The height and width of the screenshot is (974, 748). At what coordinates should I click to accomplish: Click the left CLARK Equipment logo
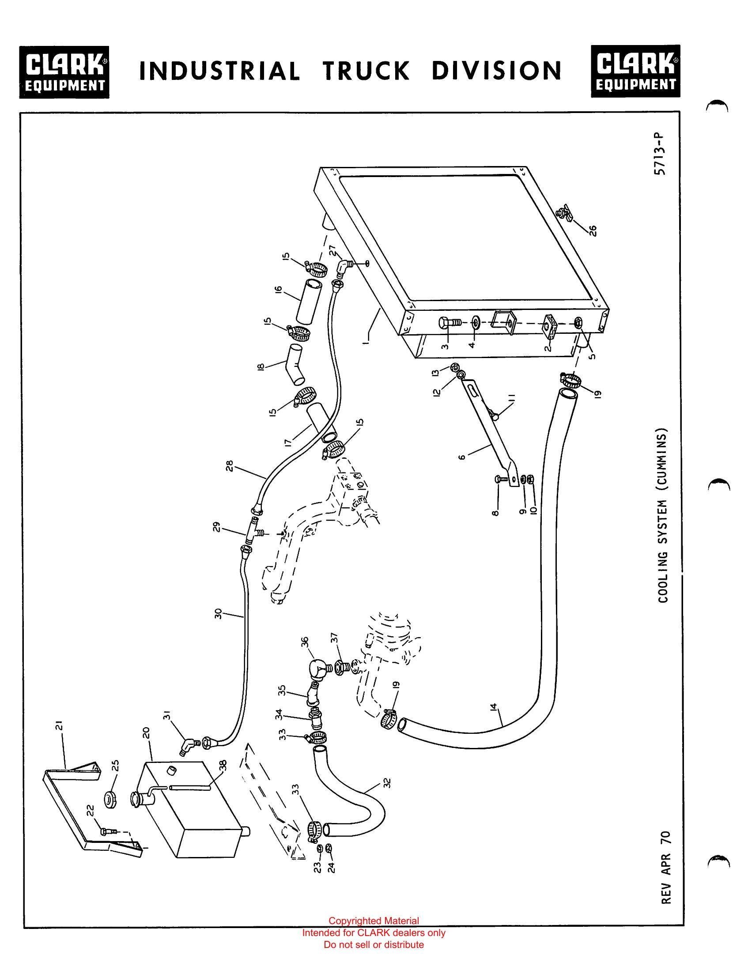pos(64,72)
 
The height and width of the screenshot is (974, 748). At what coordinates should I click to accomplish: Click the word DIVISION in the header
pos(496,71)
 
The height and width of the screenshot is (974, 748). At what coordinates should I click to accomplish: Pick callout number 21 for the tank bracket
pos(60,725)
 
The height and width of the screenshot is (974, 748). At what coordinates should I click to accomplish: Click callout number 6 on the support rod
pos(461,457)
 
